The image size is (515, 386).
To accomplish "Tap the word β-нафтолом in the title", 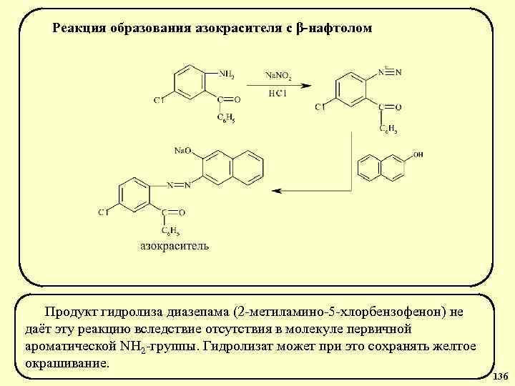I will point(334,29).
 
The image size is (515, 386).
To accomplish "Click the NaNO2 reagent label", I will point(279,74).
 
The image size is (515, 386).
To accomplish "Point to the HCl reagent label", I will point(278,94).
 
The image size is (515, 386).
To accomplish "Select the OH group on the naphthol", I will point(418,154).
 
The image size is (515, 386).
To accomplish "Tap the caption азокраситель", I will point(174,246).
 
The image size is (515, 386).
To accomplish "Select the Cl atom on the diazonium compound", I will point(320,107).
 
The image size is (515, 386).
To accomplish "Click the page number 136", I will point(501,376).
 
